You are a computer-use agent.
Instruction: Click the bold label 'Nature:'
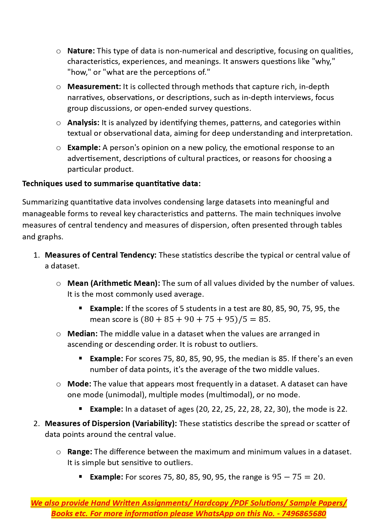click(81, 51)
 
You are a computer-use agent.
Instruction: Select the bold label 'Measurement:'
click(94, 87)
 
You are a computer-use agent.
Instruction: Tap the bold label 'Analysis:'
click(83, 123)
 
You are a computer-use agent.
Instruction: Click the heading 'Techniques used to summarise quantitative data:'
click(111, 183)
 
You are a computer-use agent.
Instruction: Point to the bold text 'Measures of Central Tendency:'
click(100, 255)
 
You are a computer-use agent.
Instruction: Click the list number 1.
click(36, 255)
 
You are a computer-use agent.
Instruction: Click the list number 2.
click(36, 424)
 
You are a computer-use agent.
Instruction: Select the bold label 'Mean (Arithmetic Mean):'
click(114, 283)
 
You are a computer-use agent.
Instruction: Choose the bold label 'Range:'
click(80, 452)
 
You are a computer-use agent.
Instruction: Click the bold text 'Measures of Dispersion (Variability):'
click(111, 424)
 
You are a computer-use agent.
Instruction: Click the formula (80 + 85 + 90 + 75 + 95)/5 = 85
click(205, 319)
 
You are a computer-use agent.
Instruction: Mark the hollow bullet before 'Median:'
click(59, 334)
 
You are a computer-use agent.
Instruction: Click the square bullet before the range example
click(81, 477)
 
